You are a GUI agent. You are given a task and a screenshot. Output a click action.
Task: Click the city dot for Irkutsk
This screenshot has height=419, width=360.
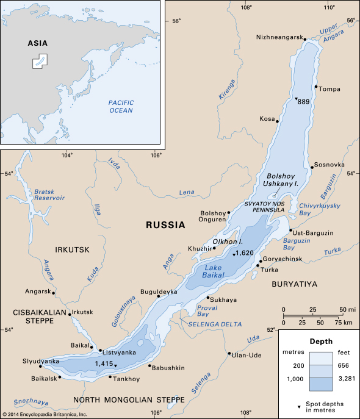(x=70, y=314)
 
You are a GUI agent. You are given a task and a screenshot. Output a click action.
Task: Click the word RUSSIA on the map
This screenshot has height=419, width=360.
(x=165, y=225)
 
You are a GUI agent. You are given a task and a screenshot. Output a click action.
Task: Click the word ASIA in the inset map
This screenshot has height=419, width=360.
(x=38, y=43)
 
